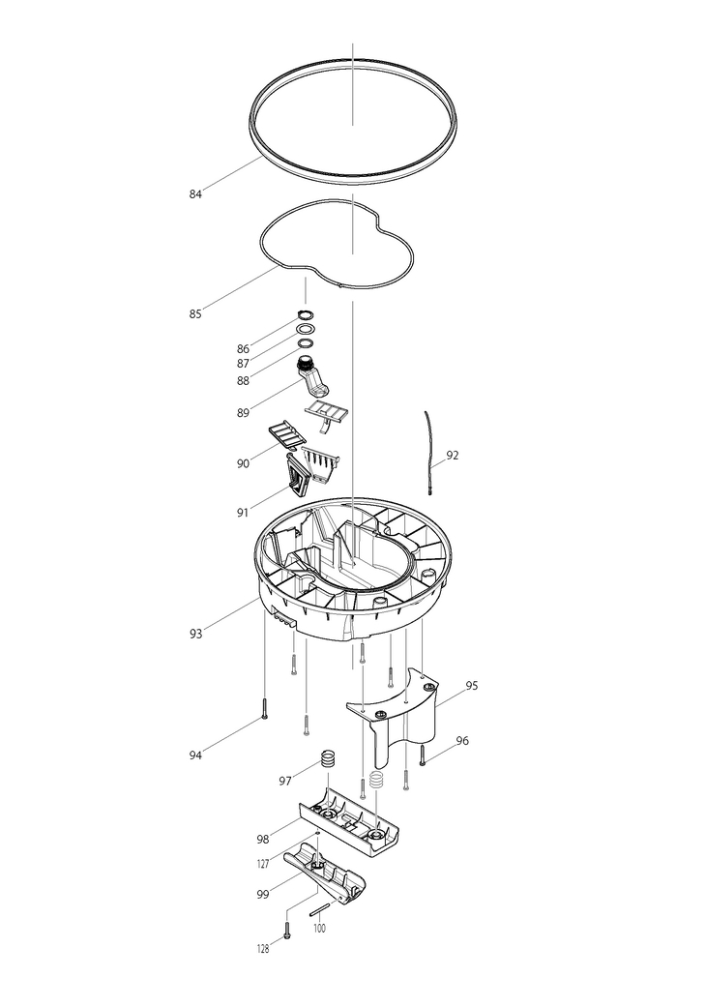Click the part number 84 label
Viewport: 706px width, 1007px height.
[195, 194]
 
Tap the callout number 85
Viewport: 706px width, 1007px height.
[195, 313]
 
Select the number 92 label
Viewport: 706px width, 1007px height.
[453, 454]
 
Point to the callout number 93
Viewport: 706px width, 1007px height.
[195, 634]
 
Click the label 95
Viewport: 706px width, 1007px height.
[471, 686]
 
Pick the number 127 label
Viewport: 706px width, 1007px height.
[263, 864]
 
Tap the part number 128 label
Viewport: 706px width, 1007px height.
[262, 949]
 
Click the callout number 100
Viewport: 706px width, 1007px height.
[319, 928]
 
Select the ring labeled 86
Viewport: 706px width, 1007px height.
[306, 316]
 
